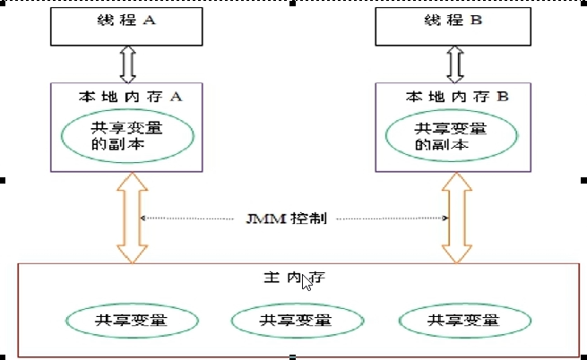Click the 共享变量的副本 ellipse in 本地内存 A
pyautogui.click(x=129, y=134)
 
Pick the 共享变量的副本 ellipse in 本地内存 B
pyautogui.click(x=453, y=134)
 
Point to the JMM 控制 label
pyautogui.click(x=293, y=218)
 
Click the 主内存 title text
pyautogui.click(x=292, y=278)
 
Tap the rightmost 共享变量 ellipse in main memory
pyautogui.click(x=462, y=319)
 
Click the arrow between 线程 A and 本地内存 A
pyautogui.click(x=128, y=65)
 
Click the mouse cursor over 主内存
pyautogui.click(x=307, y=283)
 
